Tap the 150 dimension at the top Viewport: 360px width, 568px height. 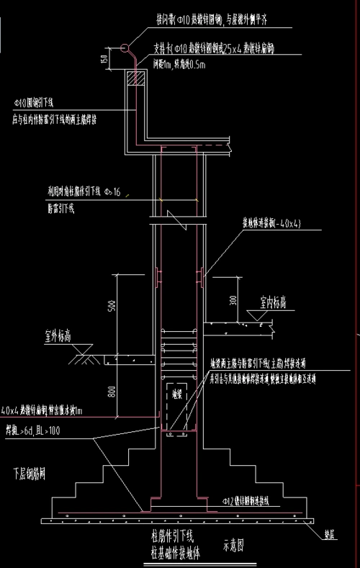(x=105, y=59)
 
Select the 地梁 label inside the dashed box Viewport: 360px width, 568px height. (x=176, y=395)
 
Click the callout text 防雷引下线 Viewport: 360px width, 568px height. (x=60, y=208)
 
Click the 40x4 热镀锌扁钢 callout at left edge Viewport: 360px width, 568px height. (x=43, y=411)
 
